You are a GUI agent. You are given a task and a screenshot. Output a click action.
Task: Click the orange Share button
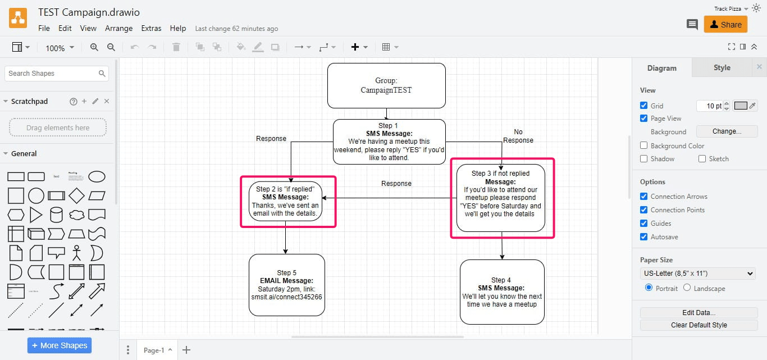[725, 24]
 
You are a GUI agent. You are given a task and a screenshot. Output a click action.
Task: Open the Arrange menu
[118, 28]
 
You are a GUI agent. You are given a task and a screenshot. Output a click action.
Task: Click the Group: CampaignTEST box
[386, 85]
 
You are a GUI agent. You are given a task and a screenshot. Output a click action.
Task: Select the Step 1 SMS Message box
[389, 142]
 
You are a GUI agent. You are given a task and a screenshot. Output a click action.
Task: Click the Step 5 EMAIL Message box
[286, 285]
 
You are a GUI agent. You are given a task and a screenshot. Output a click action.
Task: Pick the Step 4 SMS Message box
[502, 292]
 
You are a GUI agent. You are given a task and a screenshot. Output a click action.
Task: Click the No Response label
[518, 136]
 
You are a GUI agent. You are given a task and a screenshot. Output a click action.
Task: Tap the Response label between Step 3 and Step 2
[396, 184]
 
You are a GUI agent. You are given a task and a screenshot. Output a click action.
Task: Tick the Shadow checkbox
[643, 159]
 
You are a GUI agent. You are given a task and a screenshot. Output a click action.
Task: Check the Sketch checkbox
[702, 159]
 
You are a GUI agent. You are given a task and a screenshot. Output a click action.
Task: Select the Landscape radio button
[687, 288]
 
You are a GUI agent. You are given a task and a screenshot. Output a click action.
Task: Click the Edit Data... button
[698, 312]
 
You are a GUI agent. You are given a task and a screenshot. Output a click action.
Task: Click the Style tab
[722, 68]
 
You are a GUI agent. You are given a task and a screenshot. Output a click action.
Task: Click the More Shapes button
[59, 345]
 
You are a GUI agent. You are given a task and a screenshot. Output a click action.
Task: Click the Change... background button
[727, 131]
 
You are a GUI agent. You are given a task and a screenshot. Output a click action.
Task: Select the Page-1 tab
[153, 350]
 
